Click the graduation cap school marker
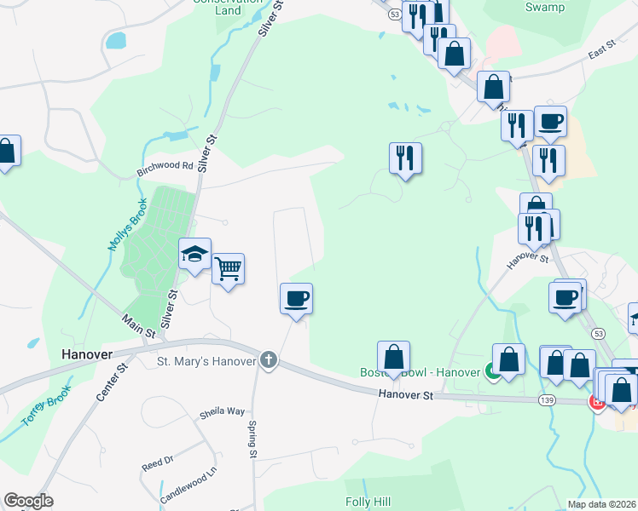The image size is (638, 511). click(x=194, y=254)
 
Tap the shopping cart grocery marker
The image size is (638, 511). click(x=228, y=270)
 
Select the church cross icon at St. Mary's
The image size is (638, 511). click(x=269, y=360)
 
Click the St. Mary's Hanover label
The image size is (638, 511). click(x=207, y=361)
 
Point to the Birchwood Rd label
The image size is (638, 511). click(x=165, y=167)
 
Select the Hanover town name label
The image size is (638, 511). click(x=87, y=353)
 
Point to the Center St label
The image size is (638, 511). click(x=112, y=381)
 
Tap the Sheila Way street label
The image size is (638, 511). click(x=223, y=411)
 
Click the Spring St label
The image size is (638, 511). click(x=252, y=439)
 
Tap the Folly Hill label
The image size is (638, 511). click(x=368, y=502)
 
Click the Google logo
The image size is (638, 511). click(x=28, y=501)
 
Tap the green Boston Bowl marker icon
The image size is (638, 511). click(x=492, y=370)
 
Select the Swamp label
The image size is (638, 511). click(x=545, y=8)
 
